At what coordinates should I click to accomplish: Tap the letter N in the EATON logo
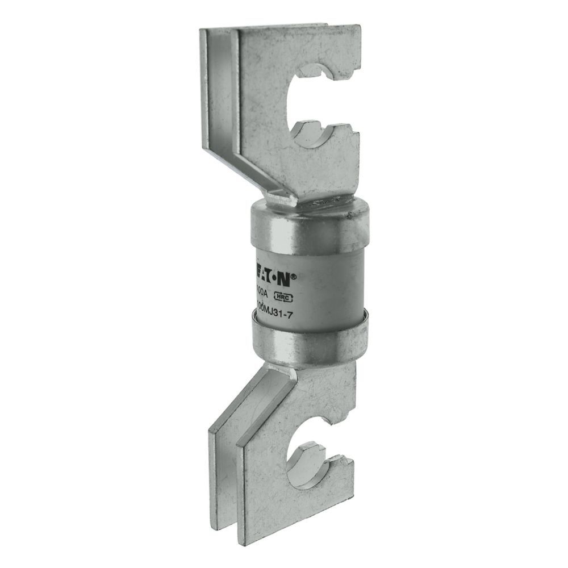point(286,279)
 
